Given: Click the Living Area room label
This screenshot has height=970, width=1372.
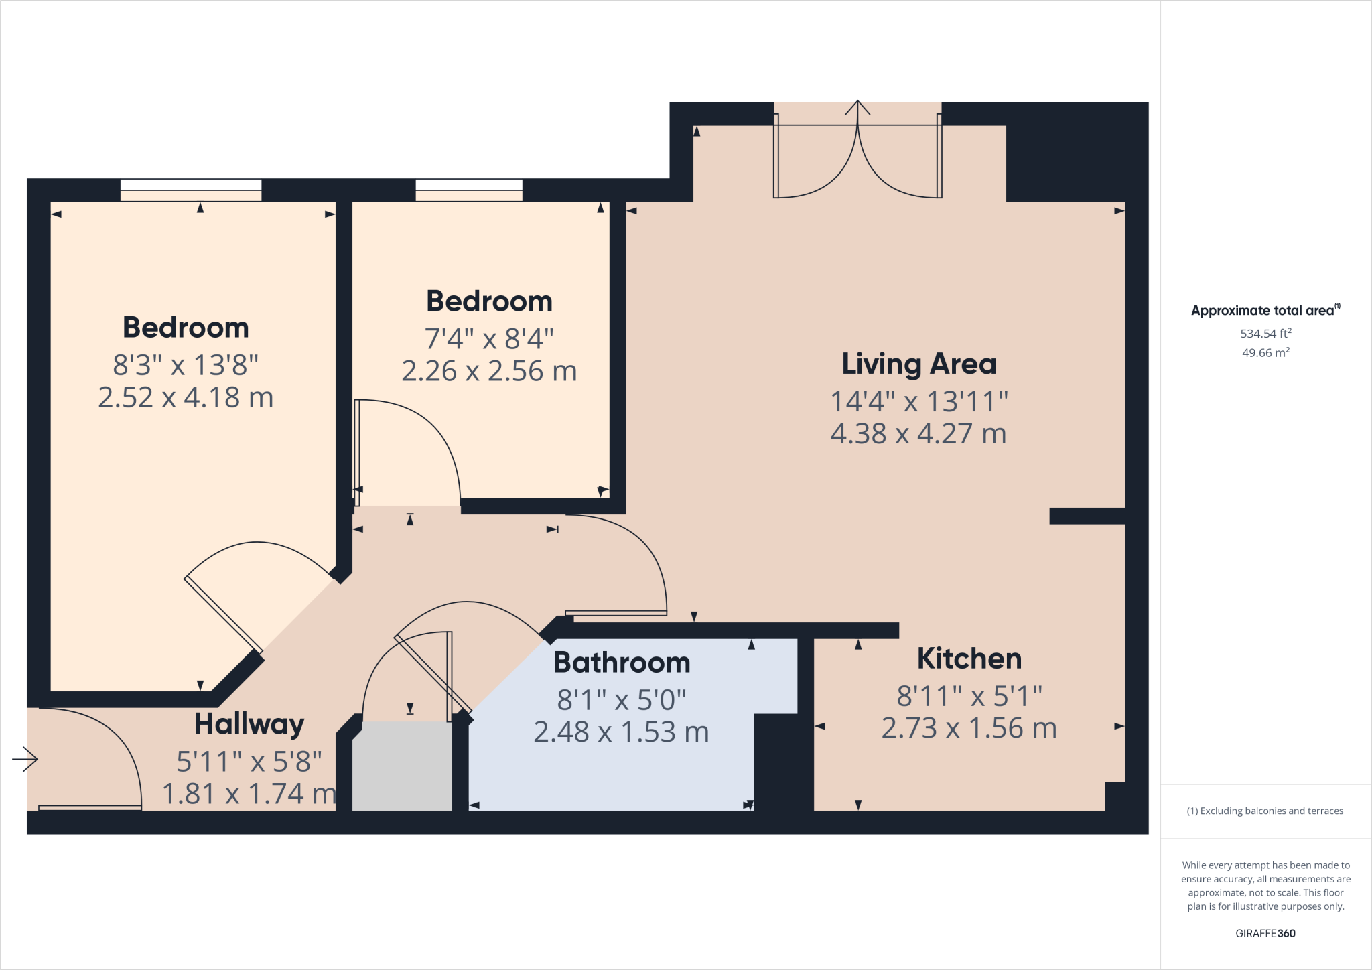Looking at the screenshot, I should coord(918,364).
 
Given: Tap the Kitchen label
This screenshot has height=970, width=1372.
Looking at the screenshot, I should coord(969,659).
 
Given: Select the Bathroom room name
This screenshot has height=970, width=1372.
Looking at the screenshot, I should coord(621,663).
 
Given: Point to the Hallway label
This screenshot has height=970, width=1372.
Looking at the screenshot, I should coord(249,725).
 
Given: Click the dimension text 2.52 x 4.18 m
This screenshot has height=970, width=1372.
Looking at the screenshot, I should coord(186,398).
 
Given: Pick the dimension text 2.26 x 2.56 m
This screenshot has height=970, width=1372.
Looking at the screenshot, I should coord(489,372).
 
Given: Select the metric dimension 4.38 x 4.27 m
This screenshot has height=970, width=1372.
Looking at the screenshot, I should coord(918,434).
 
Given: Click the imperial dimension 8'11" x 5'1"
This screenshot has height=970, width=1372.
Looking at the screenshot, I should coord(969,697).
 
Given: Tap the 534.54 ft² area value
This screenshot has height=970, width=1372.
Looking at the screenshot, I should coord(1265,333).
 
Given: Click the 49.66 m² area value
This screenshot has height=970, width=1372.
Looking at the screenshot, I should coord(1265,352).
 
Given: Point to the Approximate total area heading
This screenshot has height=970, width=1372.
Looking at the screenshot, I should coord(1263,310).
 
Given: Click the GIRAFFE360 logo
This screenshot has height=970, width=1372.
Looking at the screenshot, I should coord(1265,933).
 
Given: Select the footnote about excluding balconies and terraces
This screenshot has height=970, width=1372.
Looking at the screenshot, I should coord(1265,811).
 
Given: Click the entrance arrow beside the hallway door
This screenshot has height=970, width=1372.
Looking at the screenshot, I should coord(25,759).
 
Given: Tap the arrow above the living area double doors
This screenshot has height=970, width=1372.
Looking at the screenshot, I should coord(857,109).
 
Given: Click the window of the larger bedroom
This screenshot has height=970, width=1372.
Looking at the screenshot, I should coord(191,190).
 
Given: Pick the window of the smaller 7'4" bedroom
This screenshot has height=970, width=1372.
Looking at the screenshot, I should coord(469,190).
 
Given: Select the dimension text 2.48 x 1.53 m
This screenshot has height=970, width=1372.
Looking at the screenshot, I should coord(621,732).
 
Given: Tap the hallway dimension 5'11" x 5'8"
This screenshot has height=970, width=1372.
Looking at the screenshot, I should coord(249,762).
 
